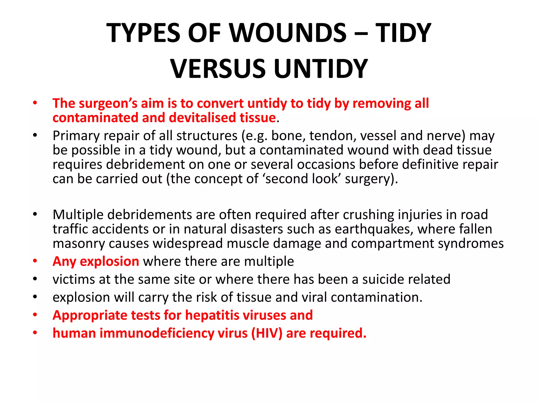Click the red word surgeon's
(x=108, y=103)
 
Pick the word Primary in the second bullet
(x=76, y=136)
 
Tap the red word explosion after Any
(x=109, y=261)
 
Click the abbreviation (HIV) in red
(x=267, y=333)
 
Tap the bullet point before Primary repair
(x=35, y=135)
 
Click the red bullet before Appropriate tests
(x=35, y=315)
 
